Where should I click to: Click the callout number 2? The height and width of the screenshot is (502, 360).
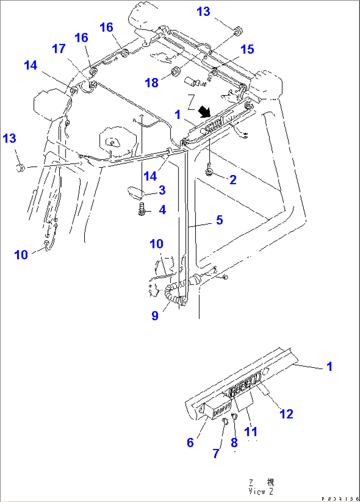click(233, 180)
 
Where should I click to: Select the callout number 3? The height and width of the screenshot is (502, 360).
click(162, 190)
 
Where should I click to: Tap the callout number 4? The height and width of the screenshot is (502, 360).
click(162, 210)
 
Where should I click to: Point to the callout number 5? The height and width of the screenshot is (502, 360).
click(219, 220)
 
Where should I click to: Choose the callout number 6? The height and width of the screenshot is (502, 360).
click(190, 443)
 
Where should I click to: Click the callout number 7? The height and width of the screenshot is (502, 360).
click(216, 453)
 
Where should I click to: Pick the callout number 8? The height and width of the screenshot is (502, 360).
click(234, 443)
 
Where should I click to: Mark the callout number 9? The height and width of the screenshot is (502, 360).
click(155, 315)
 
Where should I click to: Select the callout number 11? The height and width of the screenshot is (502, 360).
click(251, 431)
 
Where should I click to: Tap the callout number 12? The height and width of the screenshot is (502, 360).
click(286, 414)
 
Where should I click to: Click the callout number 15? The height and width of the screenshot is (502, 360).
click(247, 49)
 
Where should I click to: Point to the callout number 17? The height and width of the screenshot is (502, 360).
click(59, 49)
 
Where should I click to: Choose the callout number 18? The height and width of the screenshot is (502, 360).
click(152, 83)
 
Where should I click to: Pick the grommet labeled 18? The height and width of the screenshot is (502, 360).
click(176, 71)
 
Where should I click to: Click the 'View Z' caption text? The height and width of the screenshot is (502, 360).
click(261, 491)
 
